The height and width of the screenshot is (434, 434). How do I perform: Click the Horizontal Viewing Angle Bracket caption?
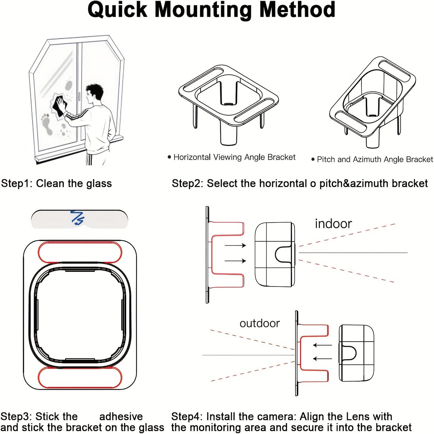point(234,157)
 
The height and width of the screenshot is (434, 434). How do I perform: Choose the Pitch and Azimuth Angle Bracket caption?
point(374,159)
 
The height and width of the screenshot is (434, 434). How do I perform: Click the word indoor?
point(333,224)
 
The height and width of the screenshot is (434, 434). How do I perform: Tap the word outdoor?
point(259,323)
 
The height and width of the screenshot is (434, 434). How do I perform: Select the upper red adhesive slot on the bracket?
point(80,252)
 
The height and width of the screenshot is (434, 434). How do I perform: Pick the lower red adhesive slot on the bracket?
point(80,377)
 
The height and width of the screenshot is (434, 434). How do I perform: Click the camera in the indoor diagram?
point(275,254)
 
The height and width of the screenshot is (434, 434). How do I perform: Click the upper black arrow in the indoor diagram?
point(235,246)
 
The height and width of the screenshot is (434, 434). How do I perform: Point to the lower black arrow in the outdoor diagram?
point(322,359)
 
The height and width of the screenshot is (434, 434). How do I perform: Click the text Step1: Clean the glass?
point(56,184)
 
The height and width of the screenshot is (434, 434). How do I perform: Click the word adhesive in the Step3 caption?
point(121,416)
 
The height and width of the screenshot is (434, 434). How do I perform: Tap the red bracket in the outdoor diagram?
point(313,353)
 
